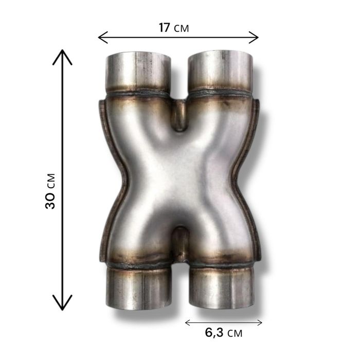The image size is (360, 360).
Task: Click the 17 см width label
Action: pos(174,28)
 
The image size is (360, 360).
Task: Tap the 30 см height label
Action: pos(50,191)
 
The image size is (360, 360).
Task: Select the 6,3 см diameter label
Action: pos(223,333)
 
